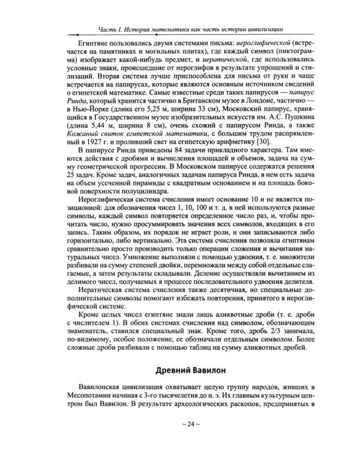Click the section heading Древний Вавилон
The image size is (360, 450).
[x=179, y=370]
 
